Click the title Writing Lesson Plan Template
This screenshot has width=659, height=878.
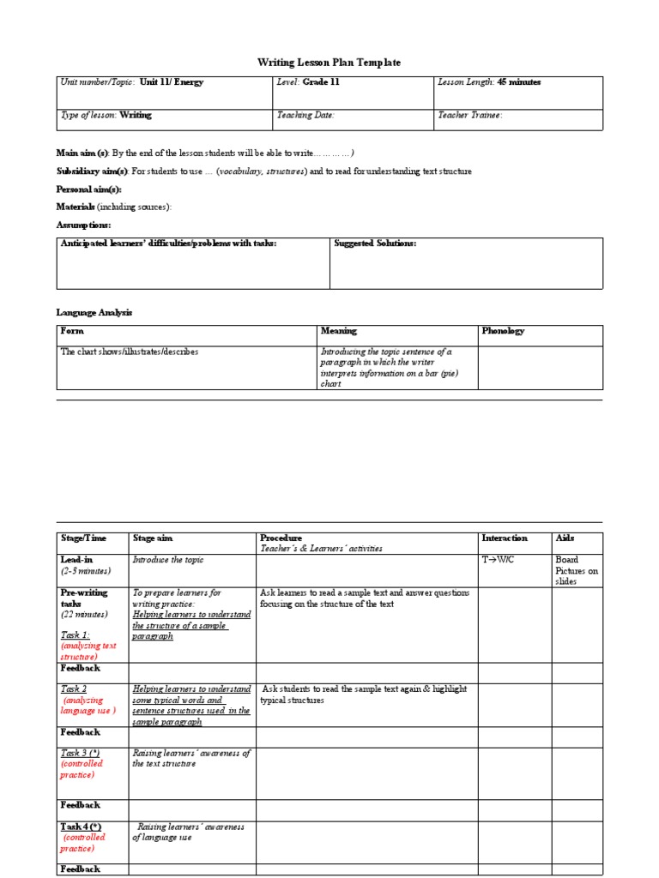tap(329, 63)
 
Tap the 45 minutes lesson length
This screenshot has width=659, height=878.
tap(519, 82)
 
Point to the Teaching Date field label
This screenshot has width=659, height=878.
tap(305, 114)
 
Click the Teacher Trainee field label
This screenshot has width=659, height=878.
tap(470, 114)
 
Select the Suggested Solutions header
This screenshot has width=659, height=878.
tap(375, 244)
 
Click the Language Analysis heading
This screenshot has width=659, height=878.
tap(94, 313)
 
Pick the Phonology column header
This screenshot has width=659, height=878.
tap(503, 331)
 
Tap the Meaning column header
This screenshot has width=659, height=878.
tap(338, 331)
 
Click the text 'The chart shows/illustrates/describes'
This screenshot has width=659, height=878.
tap(130, 352)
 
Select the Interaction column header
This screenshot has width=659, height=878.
tap(505, 538)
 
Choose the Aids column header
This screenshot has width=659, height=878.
tap(565, 538)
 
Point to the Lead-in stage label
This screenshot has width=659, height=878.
tap(76, 560)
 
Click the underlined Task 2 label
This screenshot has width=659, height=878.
tap(74, 689)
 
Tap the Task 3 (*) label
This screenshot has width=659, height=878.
tap(80, 753)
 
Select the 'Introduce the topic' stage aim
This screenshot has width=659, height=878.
tap(168, 560)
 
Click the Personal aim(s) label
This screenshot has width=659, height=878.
tap(89, 189)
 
